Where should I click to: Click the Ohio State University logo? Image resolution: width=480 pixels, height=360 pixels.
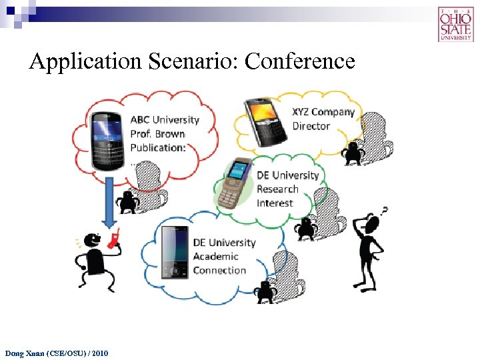click(456, 24)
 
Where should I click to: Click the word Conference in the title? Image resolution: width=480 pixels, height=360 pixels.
click(300, 61)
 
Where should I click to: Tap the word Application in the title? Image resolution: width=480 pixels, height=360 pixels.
click(85, 61)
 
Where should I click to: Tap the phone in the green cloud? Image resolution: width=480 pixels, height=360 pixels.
click(236, 184)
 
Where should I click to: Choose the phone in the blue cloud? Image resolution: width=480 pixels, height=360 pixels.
click(175, 252)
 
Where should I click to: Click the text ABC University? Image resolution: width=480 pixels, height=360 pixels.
click(165, 120)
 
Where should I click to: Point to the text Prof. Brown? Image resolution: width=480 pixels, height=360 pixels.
click(157, 134)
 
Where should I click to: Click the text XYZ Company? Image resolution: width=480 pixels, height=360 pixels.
click(323, 112)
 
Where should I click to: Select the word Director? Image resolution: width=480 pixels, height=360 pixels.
click(311, 126)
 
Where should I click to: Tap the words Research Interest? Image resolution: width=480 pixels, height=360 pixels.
click(277, 196)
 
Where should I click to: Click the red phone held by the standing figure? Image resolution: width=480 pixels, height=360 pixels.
click(115, 236)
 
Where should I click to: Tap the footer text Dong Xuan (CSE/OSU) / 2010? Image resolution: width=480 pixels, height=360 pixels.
click(56, 352)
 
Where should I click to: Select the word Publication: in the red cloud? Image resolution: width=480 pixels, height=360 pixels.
click(158, 148)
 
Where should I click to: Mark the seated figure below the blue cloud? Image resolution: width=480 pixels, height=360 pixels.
click(265, 291)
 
